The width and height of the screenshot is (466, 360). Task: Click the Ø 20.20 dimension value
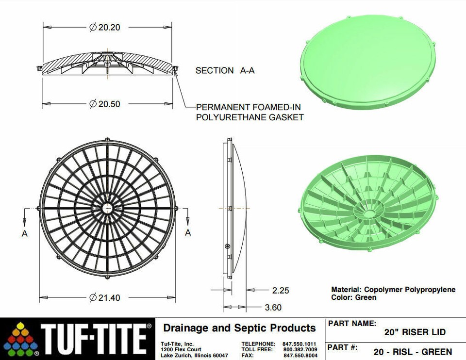(x=105, y=28)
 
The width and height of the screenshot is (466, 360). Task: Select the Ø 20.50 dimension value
(x=105, y=103)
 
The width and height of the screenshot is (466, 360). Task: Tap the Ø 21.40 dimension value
(x=105, y=297)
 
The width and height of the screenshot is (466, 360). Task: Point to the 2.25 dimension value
(x=281, y=290)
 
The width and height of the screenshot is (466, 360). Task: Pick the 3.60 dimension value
(x=273, y=307)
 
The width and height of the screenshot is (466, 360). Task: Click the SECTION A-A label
(x=225, y=70)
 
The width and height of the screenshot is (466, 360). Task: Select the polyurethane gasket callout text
(x=250, y=112)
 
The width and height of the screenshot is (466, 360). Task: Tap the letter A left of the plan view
(x=25, y=233)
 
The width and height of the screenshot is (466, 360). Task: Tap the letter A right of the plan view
(x=188, y=233)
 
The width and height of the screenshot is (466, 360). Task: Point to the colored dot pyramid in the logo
(x=19, y=339)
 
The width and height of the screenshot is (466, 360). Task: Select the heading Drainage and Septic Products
(x=239, y=328)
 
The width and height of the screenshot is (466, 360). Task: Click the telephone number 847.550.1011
(x=300, y=344)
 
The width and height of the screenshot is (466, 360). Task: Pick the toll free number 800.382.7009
(x=300, y=349)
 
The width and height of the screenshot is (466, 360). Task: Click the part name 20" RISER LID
(x=415, y=332)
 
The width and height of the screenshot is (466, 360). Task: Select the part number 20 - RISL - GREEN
(x=413, y=352)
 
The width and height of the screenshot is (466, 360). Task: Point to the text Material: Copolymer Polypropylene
(x=393, y=290)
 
